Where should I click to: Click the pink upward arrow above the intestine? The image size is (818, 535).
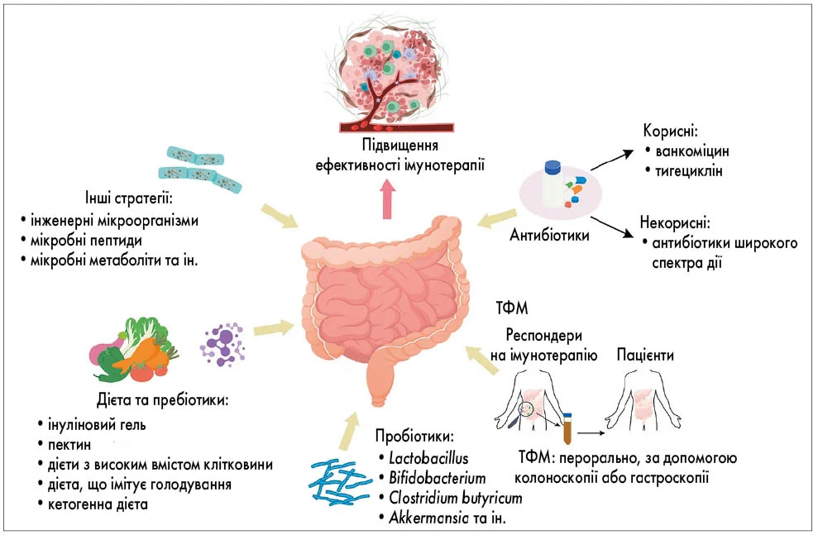(x=387, y=199)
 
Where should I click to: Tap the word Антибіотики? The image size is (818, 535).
(x=549, y=236)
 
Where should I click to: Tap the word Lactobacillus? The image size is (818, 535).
(x=422, y=458)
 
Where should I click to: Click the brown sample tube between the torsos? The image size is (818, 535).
(x=567, y=429)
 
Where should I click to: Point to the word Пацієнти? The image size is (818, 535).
(x=645, y=356)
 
